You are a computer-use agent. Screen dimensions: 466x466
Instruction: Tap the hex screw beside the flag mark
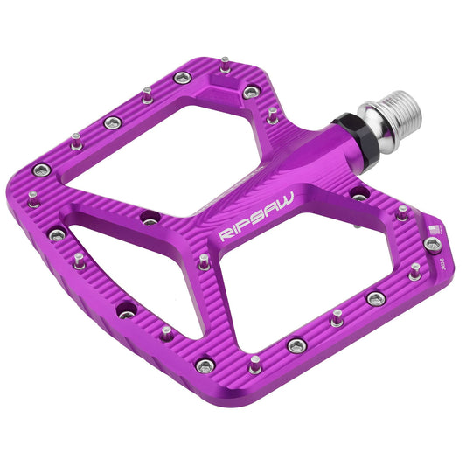(432, 245)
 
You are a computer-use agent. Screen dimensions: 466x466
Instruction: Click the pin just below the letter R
(204, 261)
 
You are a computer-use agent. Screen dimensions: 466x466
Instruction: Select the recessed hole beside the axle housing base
(359, 197)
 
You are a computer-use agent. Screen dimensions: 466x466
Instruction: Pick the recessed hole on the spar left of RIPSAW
(150, 219)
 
